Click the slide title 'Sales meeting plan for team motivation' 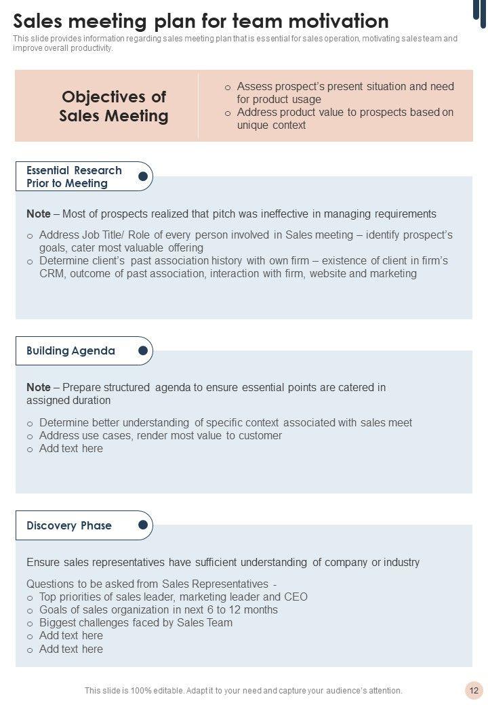(201, 20)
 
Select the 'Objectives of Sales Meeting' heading (114, 106)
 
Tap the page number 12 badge (474, 691)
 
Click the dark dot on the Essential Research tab (143, 177)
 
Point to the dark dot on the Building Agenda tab (143, 350)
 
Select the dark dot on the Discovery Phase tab (143, 525)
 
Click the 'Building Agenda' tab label (70, 351)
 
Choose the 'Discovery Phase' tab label (69, 526)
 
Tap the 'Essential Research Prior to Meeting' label (74, 177)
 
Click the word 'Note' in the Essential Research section (38, 214)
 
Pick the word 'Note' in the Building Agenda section (38, 388)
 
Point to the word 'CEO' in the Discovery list (296, 597)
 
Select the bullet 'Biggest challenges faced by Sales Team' (136, 623)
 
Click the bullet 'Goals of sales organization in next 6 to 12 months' (158, 610)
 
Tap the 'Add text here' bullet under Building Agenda (71, 449)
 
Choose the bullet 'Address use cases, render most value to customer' (160, 436)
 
